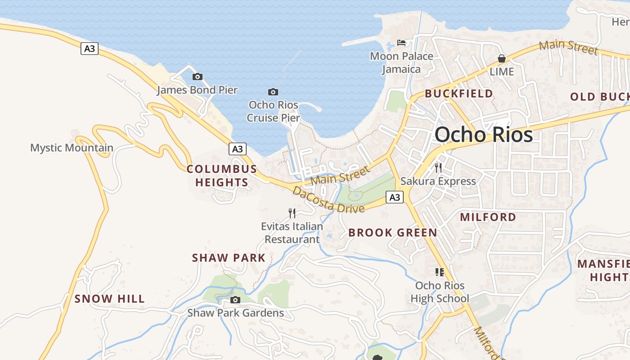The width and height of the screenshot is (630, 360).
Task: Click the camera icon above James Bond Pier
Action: tap(197, 77)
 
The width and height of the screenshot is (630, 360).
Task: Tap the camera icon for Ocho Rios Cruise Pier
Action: tap(273, 92)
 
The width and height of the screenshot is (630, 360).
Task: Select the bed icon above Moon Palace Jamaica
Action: tap(401, 43)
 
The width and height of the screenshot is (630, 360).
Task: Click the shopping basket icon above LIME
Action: tap(502, 58)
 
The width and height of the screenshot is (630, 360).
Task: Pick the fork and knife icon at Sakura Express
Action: tap(438, 168)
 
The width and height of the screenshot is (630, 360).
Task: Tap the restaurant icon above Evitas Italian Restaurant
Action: tap(292, 213)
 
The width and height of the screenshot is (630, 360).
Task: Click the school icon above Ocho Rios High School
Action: tap(440, 272)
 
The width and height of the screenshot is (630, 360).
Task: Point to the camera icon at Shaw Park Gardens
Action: tap(235, 300)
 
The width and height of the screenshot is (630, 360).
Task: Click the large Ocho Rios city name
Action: tap(484, 135)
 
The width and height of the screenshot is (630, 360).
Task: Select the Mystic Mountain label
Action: tap(72, 148)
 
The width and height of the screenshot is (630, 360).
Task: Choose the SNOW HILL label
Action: tap(109, 299)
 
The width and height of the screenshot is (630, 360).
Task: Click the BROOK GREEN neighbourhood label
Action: tap(392, 233)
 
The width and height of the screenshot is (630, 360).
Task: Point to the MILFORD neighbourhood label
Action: tap(488, 217)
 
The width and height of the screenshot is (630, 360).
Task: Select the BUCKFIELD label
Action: tap(459, 94)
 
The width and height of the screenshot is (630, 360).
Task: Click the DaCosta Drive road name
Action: tap(328, 199)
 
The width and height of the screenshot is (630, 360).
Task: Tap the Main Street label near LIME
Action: tap(568, 47)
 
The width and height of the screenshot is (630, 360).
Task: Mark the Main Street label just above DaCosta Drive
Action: tap(340, 175)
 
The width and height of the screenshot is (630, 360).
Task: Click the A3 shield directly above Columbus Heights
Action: tap(237, 149)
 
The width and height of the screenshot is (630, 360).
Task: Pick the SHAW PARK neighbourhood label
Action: tap(229, 258)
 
